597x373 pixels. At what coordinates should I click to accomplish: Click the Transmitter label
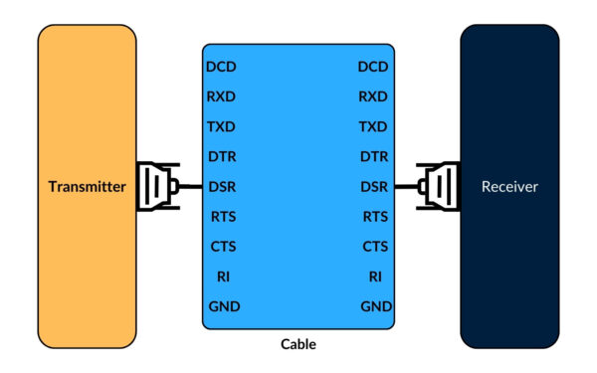point(88,186)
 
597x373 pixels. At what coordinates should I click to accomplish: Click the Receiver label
point(509,186)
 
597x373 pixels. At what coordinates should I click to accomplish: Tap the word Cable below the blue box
point(298,345)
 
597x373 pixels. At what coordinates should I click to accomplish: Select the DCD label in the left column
point(222,68)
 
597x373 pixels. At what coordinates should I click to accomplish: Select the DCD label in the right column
point(372,68)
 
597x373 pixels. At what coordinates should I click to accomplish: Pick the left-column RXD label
point(222,97)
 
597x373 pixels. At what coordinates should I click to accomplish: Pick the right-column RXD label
point(372,97)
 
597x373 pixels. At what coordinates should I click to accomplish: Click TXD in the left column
point(222,127)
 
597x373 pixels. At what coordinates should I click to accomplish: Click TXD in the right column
point(372,127)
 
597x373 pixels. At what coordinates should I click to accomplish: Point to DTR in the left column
point(222,157)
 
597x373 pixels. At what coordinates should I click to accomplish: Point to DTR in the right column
point(373,157)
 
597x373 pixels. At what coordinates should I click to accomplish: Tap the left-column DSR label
point(222,187)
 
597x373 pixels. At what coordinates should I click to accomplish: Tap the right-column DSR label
point(373,187)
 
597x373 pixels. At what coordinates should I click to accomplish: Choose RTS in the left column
point(223,216)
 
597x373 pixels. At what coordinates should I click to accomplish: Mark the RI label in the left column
point(223,276)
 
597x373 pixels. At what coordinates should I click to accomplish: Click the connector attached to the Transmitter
point(157,186)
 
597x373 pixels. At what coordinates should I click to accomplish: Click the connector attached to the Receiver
point(438,186)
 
